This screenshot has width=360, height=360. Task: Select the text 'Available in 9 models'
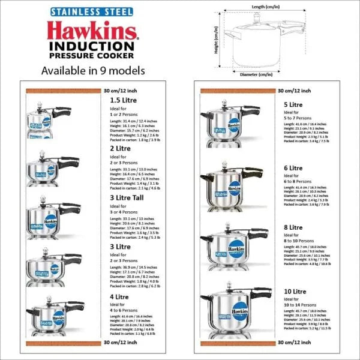(92, 70)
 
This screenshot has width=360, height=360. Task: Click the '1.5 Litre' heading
(124, 100)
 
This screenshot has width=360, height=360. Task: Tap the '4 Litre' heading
(120, 296)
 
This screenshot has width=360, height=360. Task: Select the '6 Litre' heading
(293, 168)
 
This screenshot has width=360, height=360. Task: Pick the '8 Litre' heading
(293, 228)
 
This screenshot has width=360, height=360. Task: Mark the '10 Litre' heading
(295, 290)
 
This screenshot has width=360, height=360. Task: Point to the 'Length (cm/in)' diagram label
(267, 5)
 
